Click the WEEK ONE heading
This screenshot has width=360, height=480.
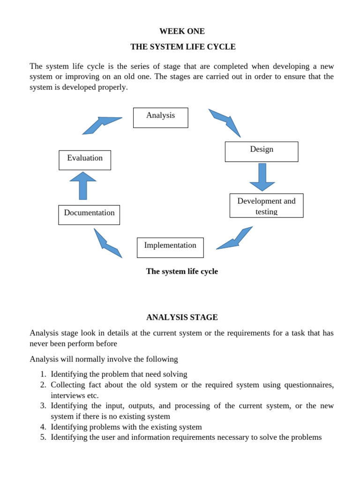click(182, 31)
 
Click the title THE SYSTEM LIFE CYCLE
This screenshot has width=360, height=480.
click(183, 47)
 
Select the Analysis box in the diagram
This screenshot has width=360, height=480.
click(160, 118)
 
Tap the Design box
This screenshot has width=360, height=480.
click(261, 151)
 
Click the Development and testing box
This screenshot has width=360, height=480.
click(266, 206)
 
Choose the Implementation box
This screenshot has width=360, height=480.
click(170, 247)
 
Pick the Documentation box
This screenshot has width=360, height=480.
click(89, 215)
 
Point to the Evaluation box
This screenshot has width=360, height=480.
click(85, 160)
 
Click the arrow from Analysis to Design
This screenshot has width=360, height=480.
click(225, 122)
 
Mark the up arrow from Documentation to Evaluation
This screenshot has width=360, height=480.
click(83, 185)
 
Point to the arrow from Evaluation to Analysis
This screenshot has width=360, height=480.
click(101, 125)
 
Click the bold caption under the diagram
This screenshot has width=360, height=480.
click(182, 271)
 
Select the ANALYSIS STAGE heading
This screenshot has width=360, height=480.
click(182, 317)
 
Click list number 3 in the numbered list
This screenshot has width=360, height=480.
click(43, 406)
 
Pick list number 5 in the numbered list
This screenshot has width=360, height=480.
click(43, 437)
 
